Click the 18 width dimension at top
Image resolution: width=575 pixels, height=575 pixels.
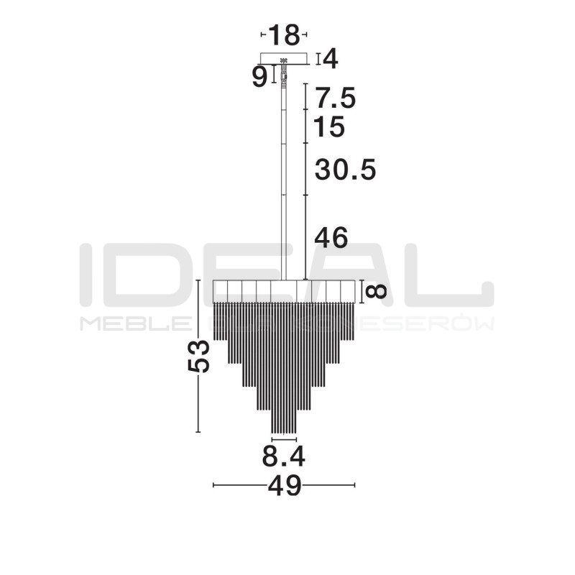283,34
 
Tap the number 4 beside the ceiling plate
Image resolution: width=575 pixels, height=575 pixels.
330,58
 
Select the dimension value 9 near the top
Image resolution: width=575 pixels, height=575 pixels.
259,76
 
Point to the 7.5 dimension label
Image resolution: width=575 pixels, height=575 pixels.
336,97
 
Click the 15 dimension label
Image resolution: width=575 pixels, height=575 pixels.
330,127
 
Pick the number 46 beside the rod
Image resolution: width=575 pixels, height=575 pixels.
331,238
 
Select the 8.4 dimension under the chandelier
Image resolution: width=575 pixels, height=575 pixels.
283,456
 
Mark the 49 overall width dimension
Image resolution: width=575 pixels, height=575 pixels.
284,486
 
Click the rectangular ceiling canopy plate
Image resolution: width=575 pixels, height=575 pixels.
284,58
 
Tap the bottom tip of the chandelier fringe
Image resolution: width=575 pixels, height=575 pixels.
284,432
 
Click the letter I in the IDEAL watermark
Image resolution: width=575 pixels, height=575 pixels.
86,272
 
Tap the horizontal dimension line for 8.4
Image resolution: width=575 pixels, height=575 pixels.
284,439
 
